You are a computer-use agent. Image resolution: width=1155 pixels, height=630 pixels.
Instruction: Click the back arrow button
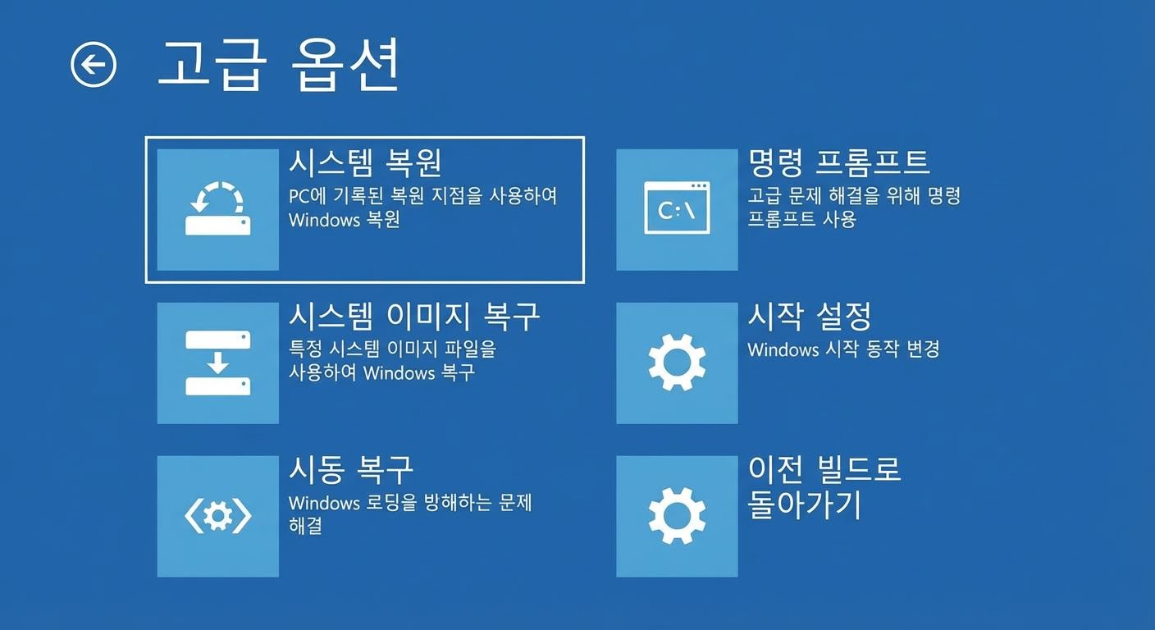pyautogui.click(x=94, y=64)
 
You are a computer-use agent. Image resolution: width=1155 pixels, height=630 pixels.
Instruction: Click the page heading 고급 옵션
pyautogui.click(x=279, y=63)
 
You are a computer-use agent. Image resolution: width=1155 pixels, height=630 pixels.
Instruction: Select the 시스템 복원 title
pyautogui.click(x=365, y=162)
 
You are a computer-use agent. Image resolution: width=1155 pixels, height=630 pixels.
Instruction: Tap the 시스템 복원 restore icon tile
pyautogui.click(x=217, y=209)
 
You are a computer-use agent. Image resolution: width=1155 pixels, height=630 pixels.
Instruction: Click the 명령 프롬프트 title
pyautogui.click(x=838, y=162)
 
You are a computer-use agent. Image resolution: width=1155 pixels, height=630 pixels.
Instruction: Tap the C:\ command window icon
pyautogui.click(x=677, y=209)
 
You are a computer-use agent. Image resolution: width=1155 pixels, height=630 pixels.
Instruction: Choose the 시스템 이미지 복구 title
pyautogui.click(x=414, y=316)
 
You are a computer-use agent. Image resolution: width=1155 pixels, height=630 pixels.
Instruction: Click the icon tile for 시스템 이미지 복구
pyautogui.click(x=217, y=363)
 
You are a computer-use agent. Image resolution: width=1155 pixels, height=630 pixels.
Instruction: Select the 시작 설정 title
pyautogui.click(x=809, y=316)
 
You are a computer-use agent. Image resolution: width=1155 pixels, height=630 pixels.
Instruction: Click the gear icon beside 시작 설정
pyautogui.click(x=677, y=363)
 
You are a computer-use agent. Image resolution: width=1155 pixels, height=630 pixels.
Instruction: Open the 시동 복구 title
pyautogui.click(x=351, y=469)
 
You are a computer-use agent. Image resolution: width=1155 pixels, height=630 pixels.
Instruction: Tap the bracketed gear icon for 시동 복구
pyautogui.click(x=217, y=516)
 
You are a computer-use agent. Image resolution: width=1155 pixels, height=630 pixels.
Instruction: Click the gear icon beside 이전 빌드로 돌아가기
pyautogui.click(x=677, y=516)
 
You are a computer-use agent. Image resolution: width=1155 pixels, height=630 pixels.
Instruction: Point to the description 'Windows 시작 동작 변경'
pyautogui.click(x=843, y=349)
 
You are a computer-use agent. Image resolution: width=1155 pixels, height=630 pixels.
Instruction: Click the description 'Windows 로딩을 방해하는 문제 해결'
pyautogui.click(x=410, y=514)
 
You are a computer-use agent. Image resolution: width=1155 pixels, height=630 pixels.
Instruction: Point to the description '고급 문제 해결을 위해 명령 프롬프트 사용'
pyautogui.click(x=853, y=208)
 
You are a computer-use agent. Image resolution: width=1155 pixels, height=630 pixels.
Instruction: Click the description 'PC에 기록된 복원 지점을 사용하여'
pyautogui.click(x=422, y=197)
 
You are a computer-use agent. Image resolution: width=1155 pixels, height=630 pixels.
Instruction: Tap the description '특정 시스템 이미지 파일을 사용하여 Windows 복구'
pyautogui.click(x=392, y=361)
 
